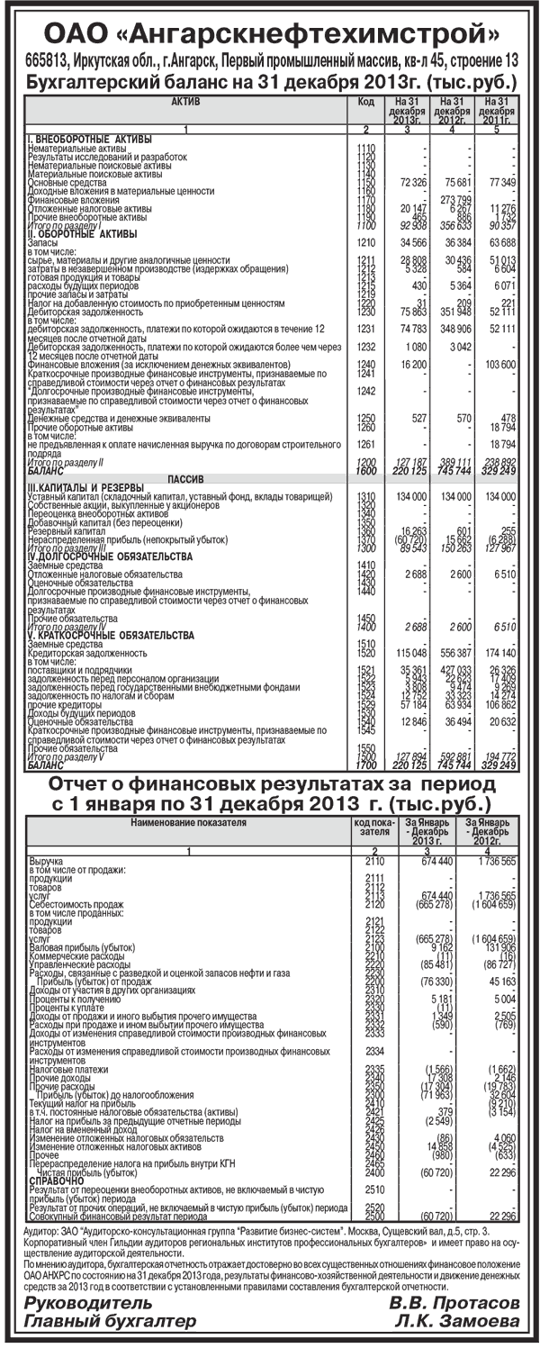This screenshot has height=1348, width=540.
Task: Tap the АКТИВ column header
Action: pos(185,103)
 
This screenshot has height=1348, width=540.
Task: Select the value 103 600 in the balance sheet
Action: pos(498,364)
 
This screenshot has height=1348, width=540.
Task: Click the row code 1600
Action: pos(364,470)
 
